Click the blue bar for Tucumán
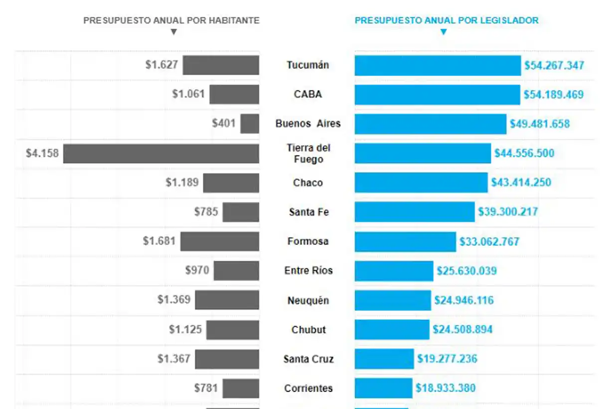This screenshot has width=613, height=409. click(x=438, y=65)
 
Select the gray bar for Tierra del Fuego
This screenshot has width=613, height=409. click(x=161, y=154)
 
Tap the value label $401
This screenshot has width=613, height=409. click(x=224, y=123)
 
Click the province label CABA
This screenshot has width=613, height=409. click(x=307, y=94)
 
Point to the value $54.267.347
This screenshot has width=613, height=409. click(x=554, y=66)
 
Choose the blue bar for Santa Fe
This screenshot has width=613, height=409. click(x=415, y=212)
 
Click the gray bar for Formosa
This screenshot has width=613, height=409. click(x=220, y=241)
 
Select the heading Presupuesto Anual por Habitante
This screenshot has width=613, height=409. click(x=171, y=20)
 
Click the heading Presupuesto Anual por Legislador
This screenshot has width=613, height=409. click(x=447, y=20)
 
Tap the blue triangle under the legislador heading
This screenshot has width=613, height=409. click(x=444, y=32)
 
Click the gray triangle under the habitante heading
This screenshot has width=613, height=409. click(x=173, y=32)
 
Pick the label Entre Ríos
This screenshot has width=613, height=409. click(x=308, y=271)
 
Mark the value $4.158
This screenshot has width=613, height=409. click(x=42, y=154)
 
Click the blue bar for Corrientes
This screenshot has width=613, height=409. click(x=383, y=388)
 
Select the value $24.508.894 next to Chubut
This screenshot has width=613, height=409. click(x=462, y=330)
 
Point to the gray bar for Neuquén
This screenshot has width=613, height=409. click(x=227, y=300)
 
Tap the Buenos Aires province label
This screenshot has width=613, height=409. click(x=308, y=124)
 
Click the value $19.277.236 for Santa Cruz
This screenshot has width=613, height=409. click(x=447, y=359)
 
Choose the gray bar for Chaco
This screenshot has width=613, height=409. click(x=231, y=183)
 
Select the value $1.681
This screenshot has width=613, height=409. click(x=159, y=241)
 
